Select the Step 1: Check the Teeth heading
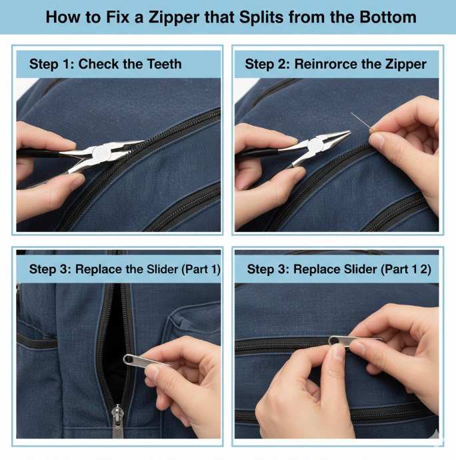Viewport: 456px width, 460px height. pyautogui.click(x=105, y=65)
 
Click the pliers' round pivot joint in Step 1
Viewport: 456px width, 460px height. pyautogui.click(x=102, y=153)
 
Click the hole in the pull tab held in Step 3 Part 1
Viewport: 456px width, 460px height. pyautogui.click(x=128, y=359)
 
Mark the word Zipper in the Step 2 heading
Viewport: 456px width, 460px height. pyautogui.click(x=402, y=65)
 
